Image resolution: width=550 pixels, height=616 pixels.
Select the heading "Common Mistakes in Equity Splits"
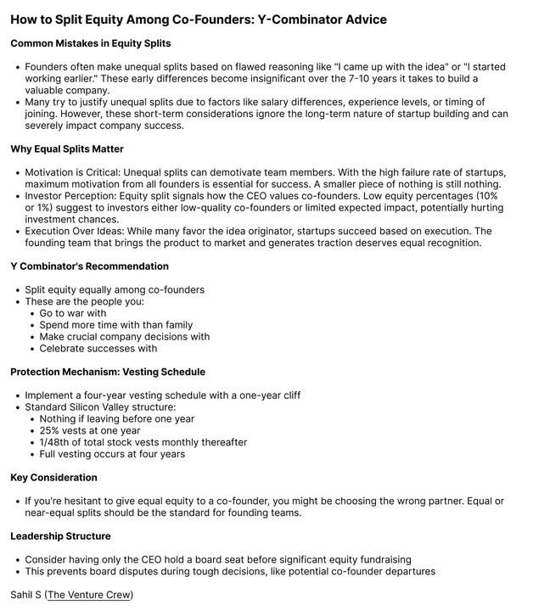click(x=91, y=43)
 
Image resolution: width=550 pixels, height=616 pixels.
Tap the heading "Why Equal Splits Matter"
click(x=67, y=148)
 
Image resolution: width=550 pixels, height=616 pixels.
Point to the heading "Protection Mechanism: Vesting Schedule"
click(x=108, y=372)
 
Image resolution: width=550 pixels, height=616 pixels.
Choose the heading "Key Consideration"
click(x=53, y=478)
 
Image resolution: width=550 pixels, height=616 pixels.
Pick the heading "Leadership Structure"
click(x=60, y=536)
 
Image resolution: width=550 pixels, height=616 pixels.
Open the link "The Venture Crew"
click(x=88, y=595)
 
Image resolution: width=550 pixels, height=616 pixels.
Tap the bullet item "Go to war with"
click(x=73, y=313)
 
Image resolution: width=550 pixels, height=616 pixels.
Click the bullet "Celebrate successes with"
click(x=98, y=348)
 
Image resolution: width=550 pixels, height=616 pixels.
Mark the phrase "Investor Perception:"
click(x=71, y=196)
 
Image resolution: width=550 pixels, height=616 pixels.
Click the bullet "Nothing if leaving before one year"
click(x=117, y=418)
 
